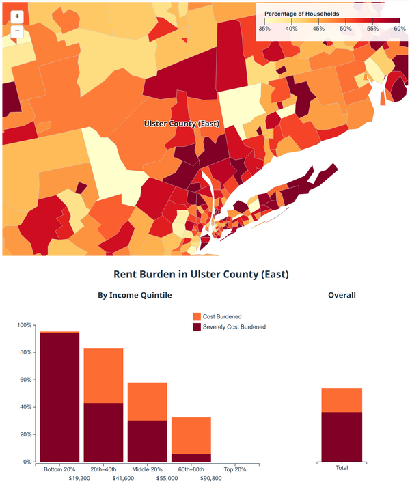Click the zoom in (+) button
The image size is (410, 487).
[17, 16]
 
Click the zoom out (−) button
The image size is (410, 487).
[17, 31]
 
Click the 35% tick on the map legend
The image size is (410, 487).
[264, 29]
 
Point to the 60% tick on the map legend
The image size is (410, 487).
[400, 29]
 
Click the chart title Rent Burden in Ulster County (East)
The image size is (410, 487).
[205, 274]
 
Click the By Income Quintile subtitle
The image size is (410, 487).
[135, 296]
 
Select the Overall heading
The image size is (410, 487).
[342, 296]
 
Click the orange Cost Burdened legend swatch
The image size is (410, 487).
[197, 317]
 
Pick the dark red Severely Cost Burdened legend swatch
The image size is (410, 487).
[197, 327]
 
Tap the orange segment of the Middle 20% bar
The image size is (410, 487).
[147, 402]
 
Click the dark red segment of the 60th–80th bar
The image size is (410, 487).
[191, 458]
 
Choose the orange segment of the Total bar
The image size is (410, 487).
[342, 400]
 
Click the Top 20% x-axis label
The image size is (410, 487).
[234, 469]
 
